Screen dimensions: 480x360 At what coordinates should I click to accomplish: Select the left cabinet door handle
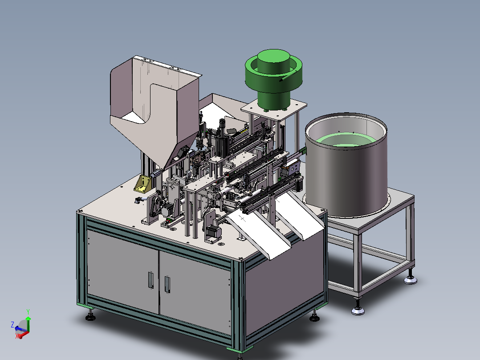[x=151, y=280]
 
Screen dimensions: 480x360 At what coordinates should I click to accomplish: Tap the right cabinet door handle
[x=167, y=284]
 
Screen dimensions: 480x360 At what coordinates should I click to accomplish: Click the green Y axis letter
[x=28, y=312]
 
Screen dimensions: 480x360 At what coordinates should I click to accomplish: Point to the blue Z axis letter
[x=12, y=325]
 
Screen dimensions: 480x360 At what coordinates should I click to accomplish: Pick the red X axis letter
[x=17, y=336]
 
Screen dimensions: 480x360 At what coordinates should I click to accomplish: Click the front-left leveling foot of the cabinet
[x=90, y=316]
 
